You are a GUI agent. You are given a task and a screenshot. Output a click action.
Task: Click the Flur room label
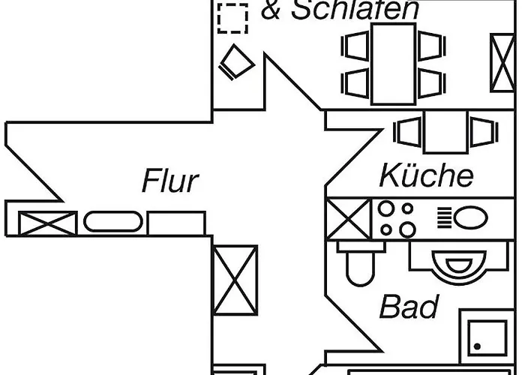click(170, 181)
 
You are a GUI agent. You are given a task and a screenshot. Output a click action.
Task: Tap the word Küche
click(426, 176)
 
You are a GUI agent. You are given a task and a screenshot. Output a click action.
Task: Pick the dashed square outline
click(232, 18)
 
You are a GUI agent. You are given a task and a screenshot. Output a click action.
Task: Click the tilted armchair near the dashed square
click(238, 62)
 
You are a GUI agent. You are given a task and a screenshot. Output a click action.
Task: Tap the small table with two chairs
click(445, 132)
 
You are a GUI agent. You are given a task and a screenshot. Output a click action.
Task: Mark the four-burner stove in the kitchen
click(396, 219)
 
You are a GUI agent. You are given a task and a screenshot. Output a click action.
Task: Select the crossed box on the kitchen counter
click(349, 219)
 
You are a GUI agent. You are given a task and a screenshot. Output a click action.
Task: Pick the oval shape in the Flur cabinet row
click(112, 222)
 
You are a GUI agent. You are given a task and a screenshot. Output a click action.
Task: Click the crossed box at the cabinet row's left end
click(48, 223)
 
